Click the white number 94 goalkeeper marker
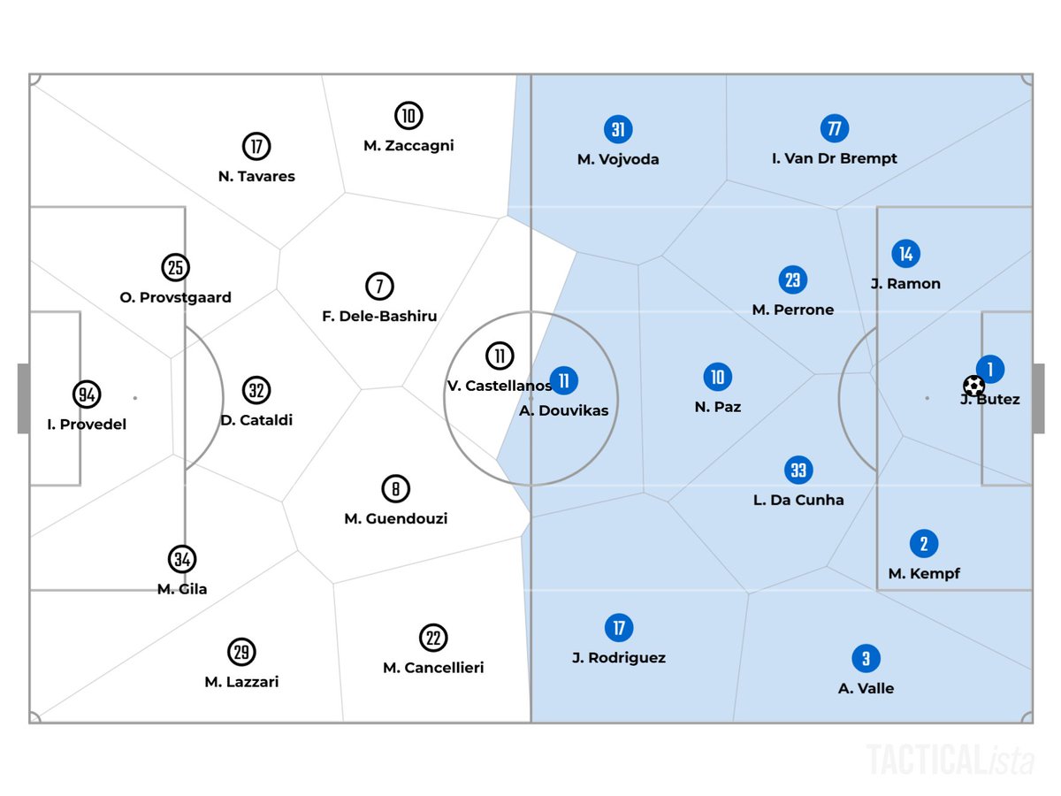coord(86,394)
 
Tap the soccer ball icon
coord(973,386)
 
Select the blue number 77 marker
coord(834,128)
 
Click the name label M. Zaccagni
coord(408,146)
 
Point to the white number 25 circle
coord(175,267)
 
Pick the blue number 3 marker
coord(866,658)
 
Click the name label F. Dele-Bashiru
coord(379,316)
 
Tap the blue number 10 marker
coord(717,378)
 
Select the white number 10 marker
coord(408,116)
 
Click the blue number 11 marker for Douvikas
coord(564,381)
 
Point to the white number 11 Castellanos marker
coord(500,356)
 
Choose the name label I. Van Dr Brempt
coord(834,158)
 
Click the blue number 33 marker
coord(798,470)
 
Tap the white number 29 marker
coord(241,652)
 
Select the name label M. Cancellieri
coord(433,668)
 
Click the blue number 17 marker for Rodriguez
coord(619,628)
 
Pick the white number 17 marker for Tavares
coord(256,146)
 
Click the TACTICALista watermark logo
coord(950,759)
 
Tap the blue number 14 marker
coord(905,254)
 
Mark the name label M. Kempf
coord(924,573)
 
